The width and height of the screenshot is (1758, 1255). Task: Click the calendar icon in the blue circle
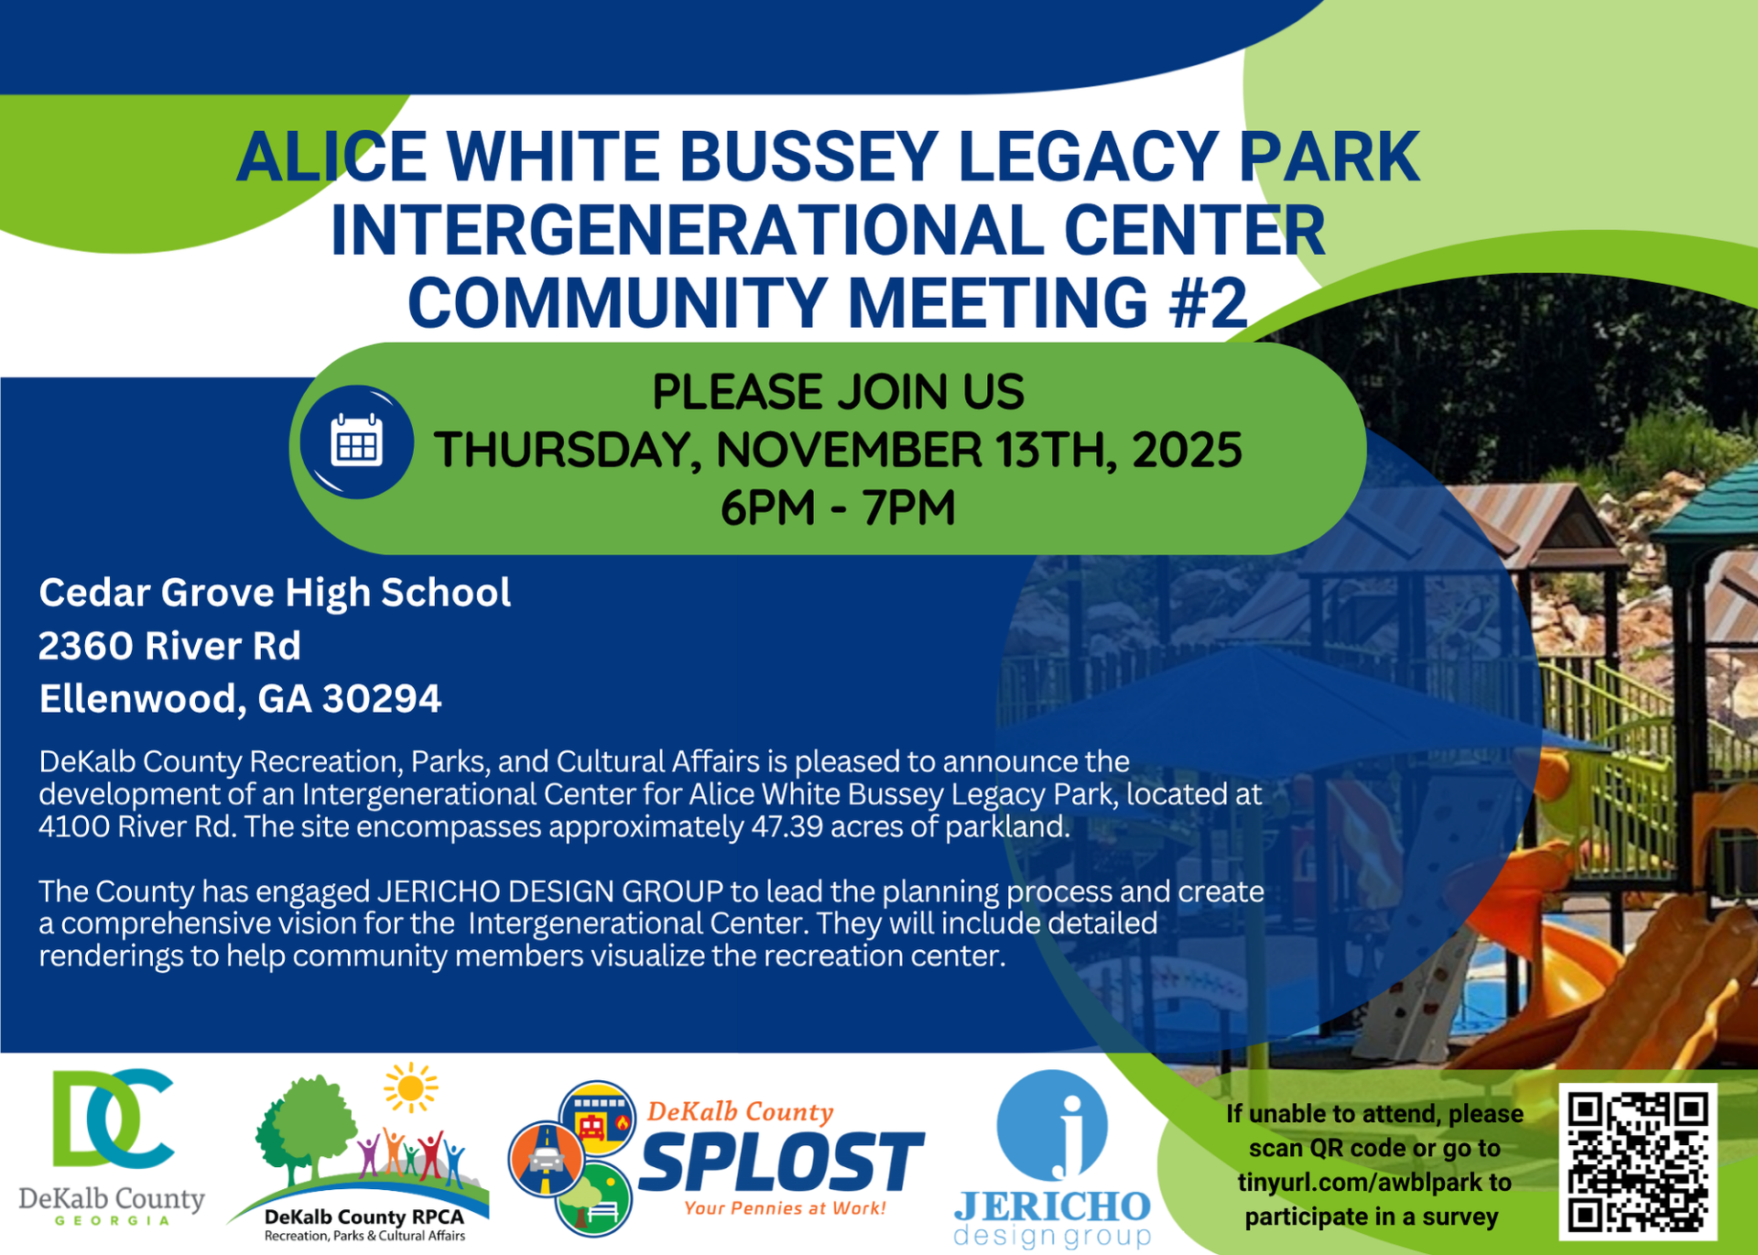tap(356, 442)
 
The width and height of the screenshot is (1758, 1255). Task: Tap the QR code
tap(1637, 1161)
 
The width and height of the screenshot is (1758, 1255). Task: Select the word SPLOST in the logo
tap(781, 1162)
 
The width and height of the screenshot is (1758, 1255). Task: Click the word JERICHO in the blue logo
tap(1052, 1206)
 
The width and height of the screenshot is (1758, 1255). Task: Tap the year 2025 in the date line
tap(1188, 450)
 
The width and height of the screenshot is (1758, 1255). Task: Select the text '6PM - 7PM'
tap(837, 507)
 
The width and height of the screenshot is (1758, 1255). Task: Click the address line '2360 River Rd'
tap(169, 646)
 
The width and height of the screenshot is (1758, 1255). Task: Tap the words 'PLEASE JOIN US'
tap(837, 392)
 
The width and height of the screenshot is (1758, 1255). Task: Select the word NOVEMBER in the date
tap(849, 450)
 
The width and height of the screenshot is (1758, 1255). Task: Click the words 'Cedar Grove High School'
tap(275, 593)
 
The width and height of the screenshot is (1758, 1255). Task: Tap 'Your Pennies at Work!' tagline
tap(785, 1208)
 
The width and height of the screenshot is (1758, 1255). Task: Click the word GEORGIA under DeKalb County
tap(113, 1220)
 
